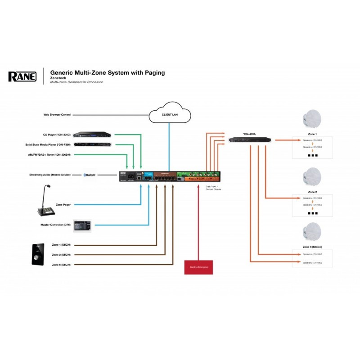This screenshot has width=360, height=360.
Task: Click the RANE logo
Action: [22, 76]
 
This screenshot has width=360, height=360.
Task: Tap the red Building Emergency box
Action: [199, 266]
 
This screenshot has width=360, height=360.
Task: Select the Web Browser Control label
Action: [57, 115]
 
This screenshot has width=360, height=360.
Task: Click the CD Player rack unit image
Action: [92, 134]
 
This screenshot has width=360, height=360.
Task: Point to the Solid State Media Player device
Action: [92, 144]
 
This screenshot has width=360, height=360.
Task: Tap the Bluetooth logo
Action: [90, 175]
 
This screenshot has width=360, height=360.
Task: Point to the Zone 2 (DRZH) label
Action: [62, 255]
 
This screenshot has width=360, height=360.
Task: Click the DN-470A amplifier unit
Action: [249, 139]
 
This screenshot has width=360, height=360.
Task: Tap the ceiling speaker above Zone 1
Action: [310, 119]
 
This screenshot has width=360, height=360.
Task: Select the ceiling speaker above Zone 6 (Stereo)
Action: [310, 233]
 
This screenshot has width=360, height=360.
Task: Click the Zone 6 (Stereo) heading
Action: [310, 247]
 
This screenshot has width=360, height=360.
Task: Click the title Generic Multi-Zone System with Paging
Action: [107, 72]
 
